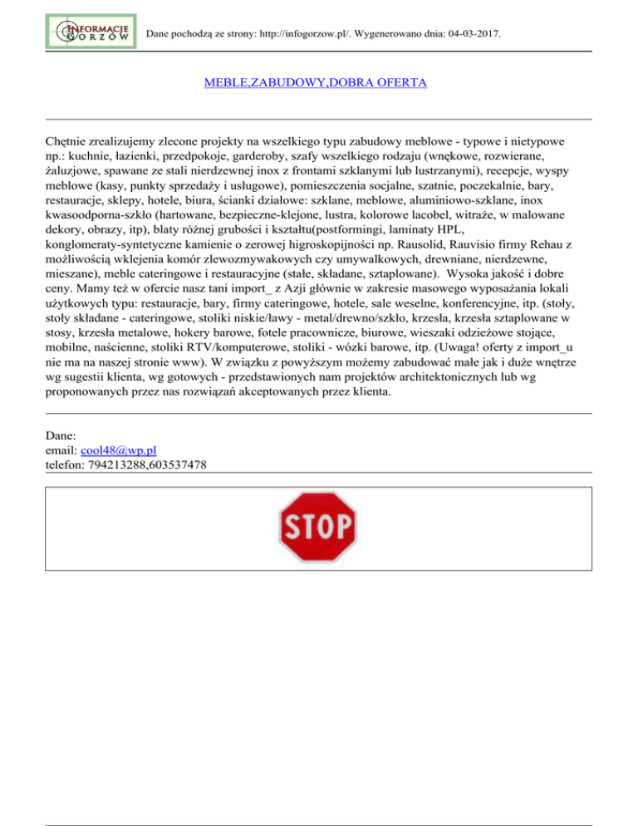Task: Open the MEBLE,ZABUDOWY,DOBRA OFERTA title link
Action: tap(315, 83)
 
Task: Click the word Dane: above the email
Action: tap(60, 435)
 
